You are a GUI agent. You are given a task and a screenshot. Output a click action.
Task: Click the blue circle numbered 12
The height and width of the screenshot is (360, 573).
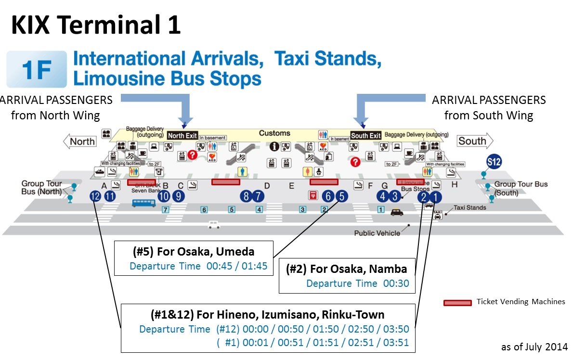(x=95, y=196)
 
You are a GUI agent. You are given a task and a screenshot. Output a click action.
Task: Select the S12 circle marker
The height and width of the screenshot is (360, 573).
(x=494, y=162)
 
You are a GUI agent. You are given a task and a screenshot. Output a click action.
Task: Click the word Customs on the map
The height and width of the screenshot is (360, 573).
(x=274, y=133)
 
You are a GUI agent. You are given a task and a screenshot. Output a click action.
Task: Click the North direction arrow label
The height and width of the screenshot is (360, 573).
(x=80, y=141)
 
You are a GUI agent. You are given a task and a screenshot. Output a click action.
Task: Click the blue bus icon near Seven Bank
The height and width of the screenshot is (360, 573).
(x=144, y=203)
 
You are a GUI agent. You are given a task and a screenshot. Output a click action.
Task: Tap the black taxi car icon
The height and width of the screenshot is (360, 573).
(x=397, y=212)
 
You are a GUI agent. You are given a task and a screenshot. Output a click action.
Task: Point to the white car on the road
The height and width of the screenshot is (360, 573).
(x=214, y=224)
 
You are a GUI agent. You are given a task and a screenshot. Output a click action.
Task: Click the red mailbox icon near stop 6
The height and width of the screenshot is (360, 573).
(x=313, y=195)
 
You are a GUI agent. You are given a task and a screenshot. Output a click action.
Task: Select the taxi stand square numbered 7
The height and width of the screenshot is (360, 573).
(x=166, y=210)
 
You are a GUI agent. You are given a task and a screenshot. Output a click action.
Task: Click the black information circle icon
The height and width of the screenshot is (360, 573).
(x=274, y=146)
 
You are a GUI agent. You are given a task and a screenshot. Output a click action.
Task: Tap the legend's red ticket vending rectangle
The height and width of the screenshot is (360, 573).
(x=457, y=303)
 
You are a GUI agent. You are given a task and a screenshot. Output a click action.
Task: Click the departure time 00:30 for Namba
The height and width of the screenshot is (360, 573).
(x=396, y=283)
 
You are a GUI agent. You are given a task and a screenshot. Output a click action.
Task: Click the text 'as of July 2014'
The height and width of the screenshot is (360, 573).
(x=534, y=347)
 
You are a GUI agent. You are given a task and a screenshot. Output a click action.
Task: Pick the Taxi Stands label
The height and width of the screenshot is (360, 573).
(x=469, y=207)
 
